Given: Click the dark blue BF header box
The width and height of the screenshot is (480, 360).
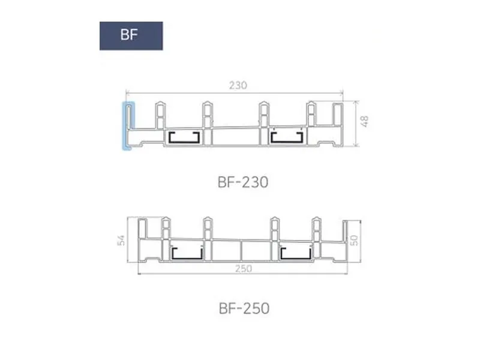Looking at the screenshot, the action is [131, 36].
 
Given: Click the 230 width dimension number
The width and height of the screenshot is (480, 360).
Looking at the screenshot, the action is [238, 85].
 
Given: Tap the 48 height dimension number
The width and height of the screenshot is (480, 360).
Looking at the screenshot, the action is [364, 122].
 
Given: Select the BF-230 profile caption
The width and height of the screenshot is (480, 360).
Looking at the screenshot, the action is [243, 182].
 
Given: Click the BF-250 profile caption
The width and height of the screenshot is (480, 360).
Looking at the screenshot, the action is [244, 308].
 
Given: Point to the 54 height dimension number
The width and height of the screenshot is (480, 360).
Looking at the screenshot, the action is [121, 241].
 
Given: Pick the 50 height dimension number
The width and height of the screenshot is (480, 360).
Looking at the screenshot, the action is [353, 241].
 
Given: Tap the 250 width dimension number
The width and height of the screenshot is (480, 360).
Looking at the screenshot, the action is [244, 268].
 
